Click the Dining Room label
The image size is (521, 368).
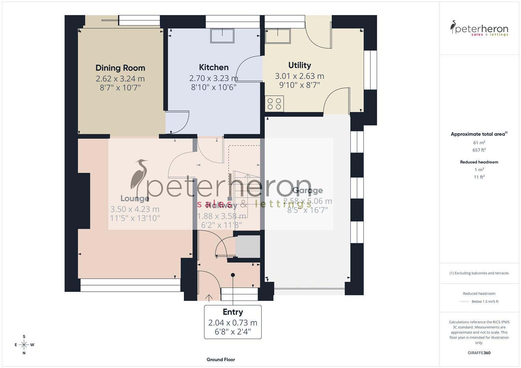click(120, 68)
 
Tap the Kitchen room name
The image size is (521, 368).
click(214, 67)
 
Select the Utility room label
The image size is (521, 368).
click(300, 65)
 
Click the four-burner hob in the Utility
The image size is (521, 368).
click(274, 104)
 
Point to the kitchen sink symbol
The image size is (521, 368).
click(222, 36)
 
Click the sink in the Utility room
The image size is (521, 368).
click(278, 36)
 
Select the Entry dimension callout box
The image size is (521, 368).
click(233, 322)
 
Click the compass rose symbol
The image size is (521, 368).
click(24, 345)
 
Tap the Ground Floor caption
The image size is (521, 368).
click(221, 359)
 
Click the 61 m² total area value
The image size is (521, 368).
click(479, 143)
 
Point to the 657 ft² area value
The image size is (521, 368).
click(479, 150)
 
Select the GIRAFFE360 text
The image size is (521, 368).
click(479, 353)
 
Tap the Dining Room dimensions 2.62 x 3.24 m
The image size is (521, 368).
click(120, 79)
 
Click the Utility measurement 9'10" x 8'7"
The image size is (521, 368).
click(300, 85)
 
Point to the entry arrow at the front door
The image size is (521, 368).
click(209, 297)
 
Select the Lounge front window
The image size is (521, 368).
click(130, 285)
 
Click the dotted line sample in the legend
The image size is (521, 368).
click(464, 302)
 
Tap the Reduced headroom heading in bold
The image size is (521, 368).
click(479, 162)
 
